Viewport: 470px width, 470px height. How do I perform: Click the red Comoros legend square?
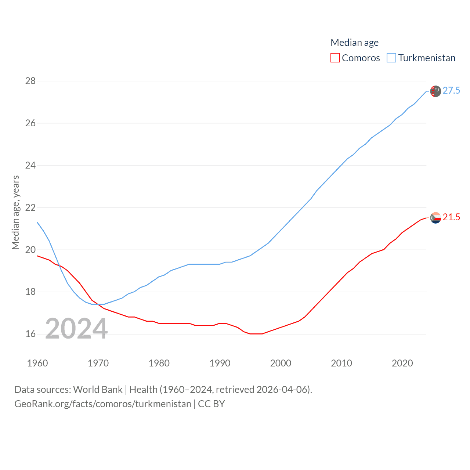coord(335,58)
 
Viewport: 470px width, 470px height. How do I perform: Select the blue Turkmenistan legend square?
coord(391,58)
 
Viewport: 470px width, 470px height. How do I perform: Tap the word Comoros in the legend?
coord(361,58)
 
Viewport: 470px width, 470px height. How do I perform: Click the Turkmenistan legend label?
coord(427,58)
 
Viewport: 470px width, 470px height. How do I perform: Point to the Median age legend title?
coord(354,43)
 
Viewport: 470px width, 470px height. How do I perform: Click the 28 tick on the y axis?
coord(30,81)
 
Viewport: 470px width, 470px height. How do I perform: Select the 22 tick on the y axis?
coord(30,207)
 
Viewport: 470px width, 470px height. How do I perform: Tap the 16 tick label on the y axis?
coord(30,334)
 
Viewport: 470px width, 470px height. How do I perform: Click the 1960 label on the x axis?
coord(37,363)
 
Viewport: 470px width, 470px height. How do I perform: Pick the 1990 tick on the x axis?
coord(220,363)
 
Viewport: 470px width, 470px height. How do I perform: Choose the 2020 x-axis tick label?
coord(402,363)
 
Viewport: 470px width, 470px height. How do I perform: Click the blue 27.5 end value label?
coord(451,91)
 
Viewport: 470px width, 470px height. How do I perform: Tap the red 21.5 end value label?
coord(451,217)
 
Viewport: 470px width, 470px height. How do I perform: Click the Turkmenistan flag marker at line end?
coord(435,91)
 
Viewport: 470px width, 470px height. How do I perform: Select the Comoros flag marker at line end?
coord(435,218)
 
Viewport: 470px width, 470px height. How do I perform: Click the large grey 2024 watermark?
coord(76,329)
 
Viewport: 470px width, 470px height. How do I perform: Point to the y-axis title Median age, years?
coord(15,212)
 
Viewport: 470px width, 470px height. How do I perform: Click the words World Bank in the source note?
coord(98,389)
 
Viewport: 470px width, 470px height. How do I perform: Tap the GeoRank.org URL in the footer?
coord(102,404)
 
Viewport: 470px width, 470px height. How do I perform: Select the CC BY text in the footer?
coord(211,404)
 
